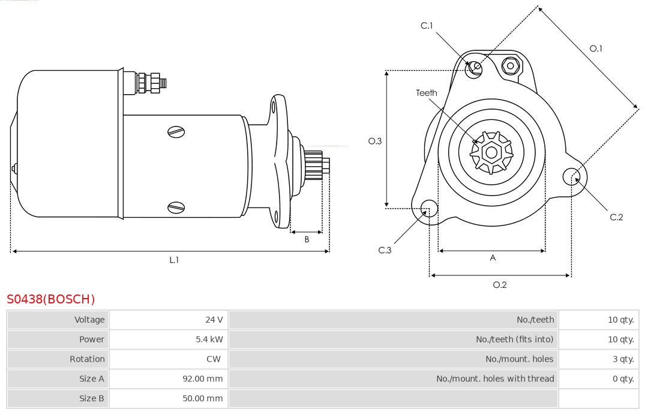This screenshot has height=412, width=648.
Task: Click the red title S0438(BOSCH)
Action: click(x=50, y=299)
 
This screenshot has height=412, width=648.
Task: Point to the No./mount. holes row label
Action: click(x=519, y=359)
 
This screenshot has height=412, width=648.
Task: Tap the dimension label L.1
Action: click(x=174, y=260)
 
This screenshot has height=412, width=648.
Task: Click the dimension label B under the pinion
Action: click(x=307, y=239)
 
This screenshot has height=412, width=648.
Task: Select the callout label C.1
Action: click(x=427, y=25)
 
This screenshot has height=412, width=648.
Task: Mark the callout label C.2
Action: click(x=616, y=217)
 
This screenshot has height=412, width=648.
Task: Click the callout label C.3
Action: click(x=385, y=250)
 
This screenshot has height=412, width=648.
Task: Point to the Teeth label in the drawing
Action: click(x=427, y=93)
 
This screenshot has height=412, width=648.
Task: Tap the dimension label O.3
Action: click(x=375, y=141)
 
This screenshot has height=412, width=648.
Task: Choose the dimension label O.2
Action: click(x=500, y=285)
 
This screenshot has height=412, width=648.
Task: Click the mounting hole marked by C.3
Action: click(x=429, y=209)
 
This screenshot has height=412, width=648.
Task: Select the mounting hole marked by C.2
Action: click(x=571, y=176)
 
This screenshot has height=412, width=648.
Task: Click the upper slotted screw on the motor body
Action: click(x=176, y=132)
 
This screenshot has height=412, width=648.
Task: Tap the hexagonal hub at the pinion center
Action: click(x=491, y=152)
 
